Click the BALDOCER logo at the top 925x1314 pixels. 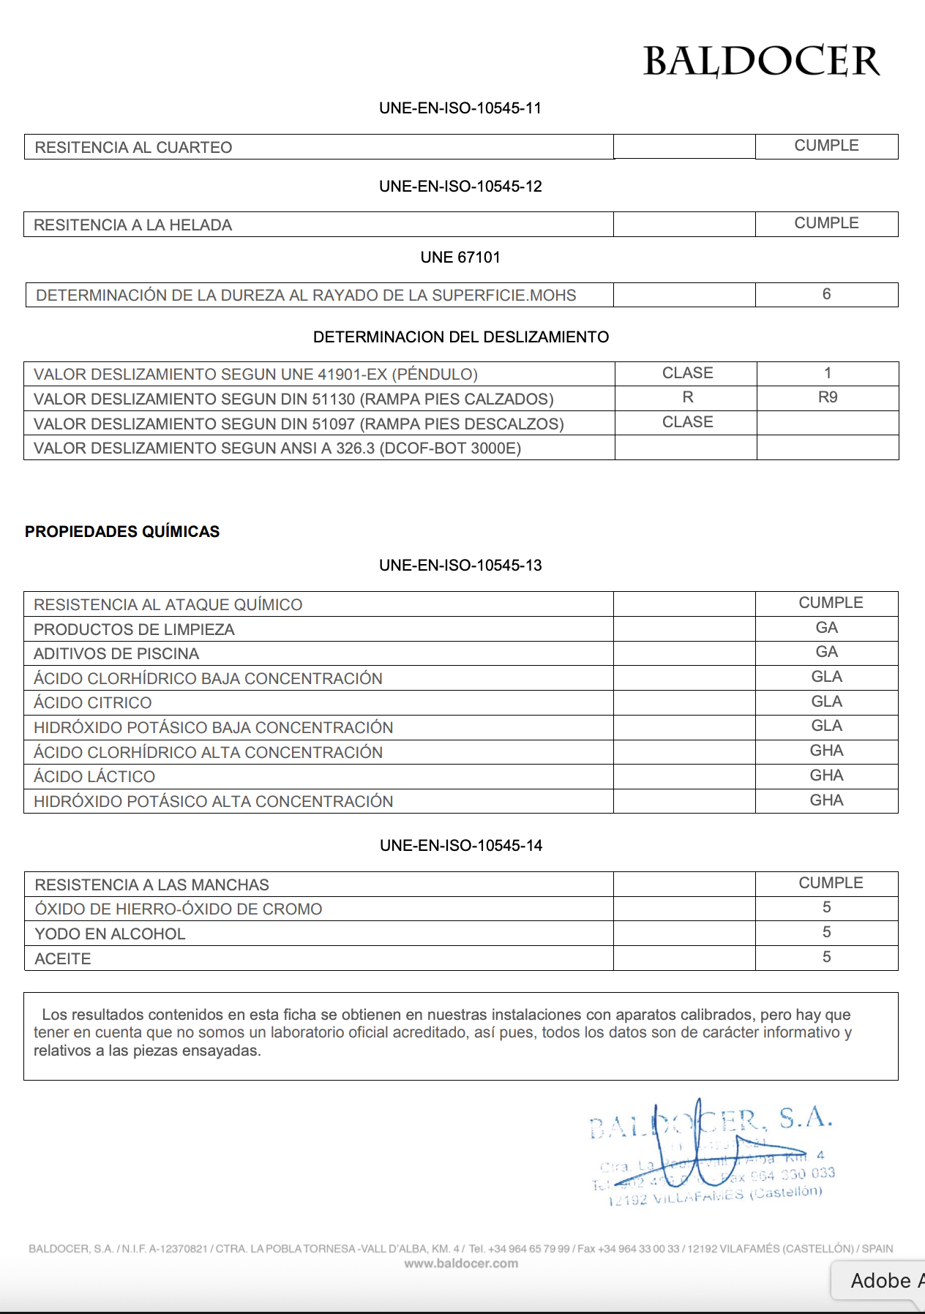[761, 61]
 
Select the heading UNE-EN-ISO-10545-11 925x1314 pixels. [460, 108]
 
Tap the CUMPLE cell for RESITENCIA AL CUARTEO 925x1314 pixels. [826, 146]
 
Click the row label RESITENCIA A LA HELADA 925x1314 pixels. [132, 225]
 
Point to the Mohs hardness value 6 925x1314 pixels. [826, 294]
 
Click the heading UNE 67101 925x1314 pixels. [460, 258]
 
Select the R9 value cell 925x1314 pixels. [827, 397]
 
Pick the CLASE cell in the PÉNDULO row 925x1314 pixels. [687, 373]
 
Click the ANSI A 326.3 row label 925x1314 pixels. [277, 448]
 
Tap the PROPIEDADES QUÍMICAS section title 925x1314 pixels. [122, 532]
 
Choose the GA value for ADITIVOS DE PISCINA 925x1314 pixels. [826, 652]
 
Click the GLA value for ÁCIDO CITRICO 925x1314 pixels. [826, 702]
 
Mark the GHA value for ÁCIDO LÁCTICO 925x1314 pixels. [826, 776]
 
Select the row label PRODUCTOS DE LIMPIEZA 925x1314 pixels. [134, 630]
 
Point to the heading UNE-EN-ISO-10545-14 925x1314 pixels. [461, 846]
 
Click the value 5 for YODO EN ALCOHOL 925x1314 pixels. [826, 932]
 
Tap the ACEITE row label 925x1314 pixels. [63, 959]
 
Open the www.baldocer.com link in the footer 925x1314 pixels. [461, 1264]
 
